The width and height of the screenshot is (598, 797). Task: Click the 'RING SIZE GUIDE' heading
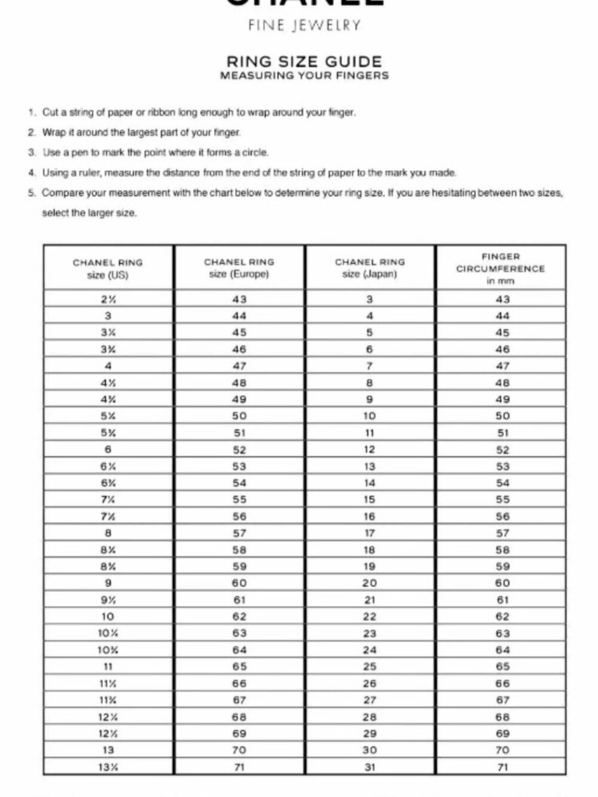coord(304,61)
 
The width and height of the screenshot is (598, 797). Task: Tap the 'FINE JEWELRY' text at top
coord(304,26)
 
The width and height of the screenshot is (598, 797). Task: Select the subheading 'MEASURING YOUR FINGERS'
coord(304,76)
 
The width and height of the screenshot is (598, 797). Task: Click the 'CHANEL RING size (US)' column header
coord(108,268)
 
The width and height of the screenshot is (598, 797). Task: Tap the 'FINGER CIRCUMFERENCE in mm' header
coord(501,268)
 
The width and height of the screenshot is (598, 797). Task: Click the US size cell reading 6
coord(108,450)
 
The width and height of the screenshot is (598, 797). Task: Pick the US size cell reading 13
coord(108,750)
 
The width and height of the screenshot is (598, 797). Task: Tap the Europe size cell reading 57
coord(239,533)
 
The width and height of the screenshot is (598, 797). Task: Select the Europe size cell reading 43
coord(239,299)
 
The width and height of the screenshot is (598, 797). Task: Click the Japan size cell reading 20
coord(370,583)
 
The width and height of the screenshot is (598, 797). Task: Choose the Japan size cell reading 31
coord(370,767)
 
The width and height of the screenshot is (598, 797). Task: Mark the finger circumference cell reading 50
coord(502,416)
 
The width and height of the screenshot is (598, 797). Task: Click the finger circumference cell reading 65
coord(502,667)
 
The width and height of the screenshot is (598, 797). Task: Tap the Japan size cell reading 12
coord(370,450)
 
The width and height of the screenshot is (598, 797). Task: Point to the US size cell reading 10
coord(108,616)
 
